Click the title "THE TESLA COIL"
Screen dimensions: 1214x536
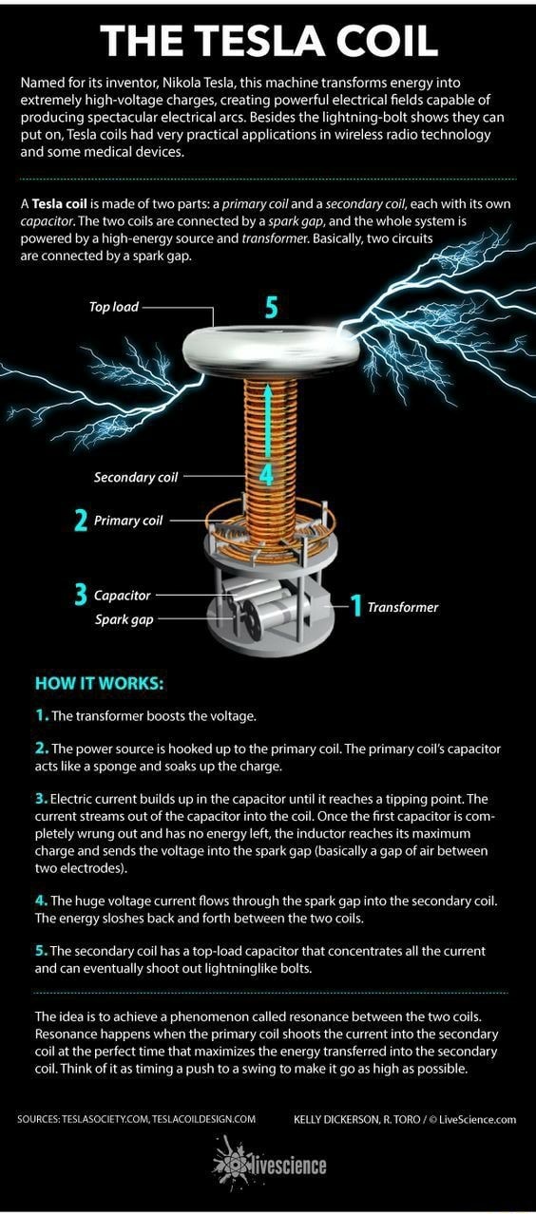268,40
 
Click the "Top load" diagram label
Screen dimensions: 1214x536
114,307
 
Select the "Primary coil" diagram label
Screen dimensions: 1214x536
128,521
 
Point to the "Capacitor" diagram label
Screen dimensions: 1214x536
122,595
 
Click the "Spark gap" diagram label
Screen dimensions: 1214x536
124,619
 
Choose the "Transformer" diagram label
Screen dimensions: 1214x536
402,607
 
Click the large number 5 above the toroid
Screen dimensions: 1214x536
272,308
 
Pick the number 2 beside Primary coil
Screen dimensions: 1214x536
81,521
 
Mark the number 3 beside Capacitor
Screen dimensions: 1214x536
81,595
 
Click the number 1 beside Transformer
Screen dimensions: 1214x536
355,605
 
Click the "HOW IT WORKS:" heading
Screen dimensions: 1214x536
99,683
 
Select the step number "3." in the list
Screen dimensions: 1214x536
41,798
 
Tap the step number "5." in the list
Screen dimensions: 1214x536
41,950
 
